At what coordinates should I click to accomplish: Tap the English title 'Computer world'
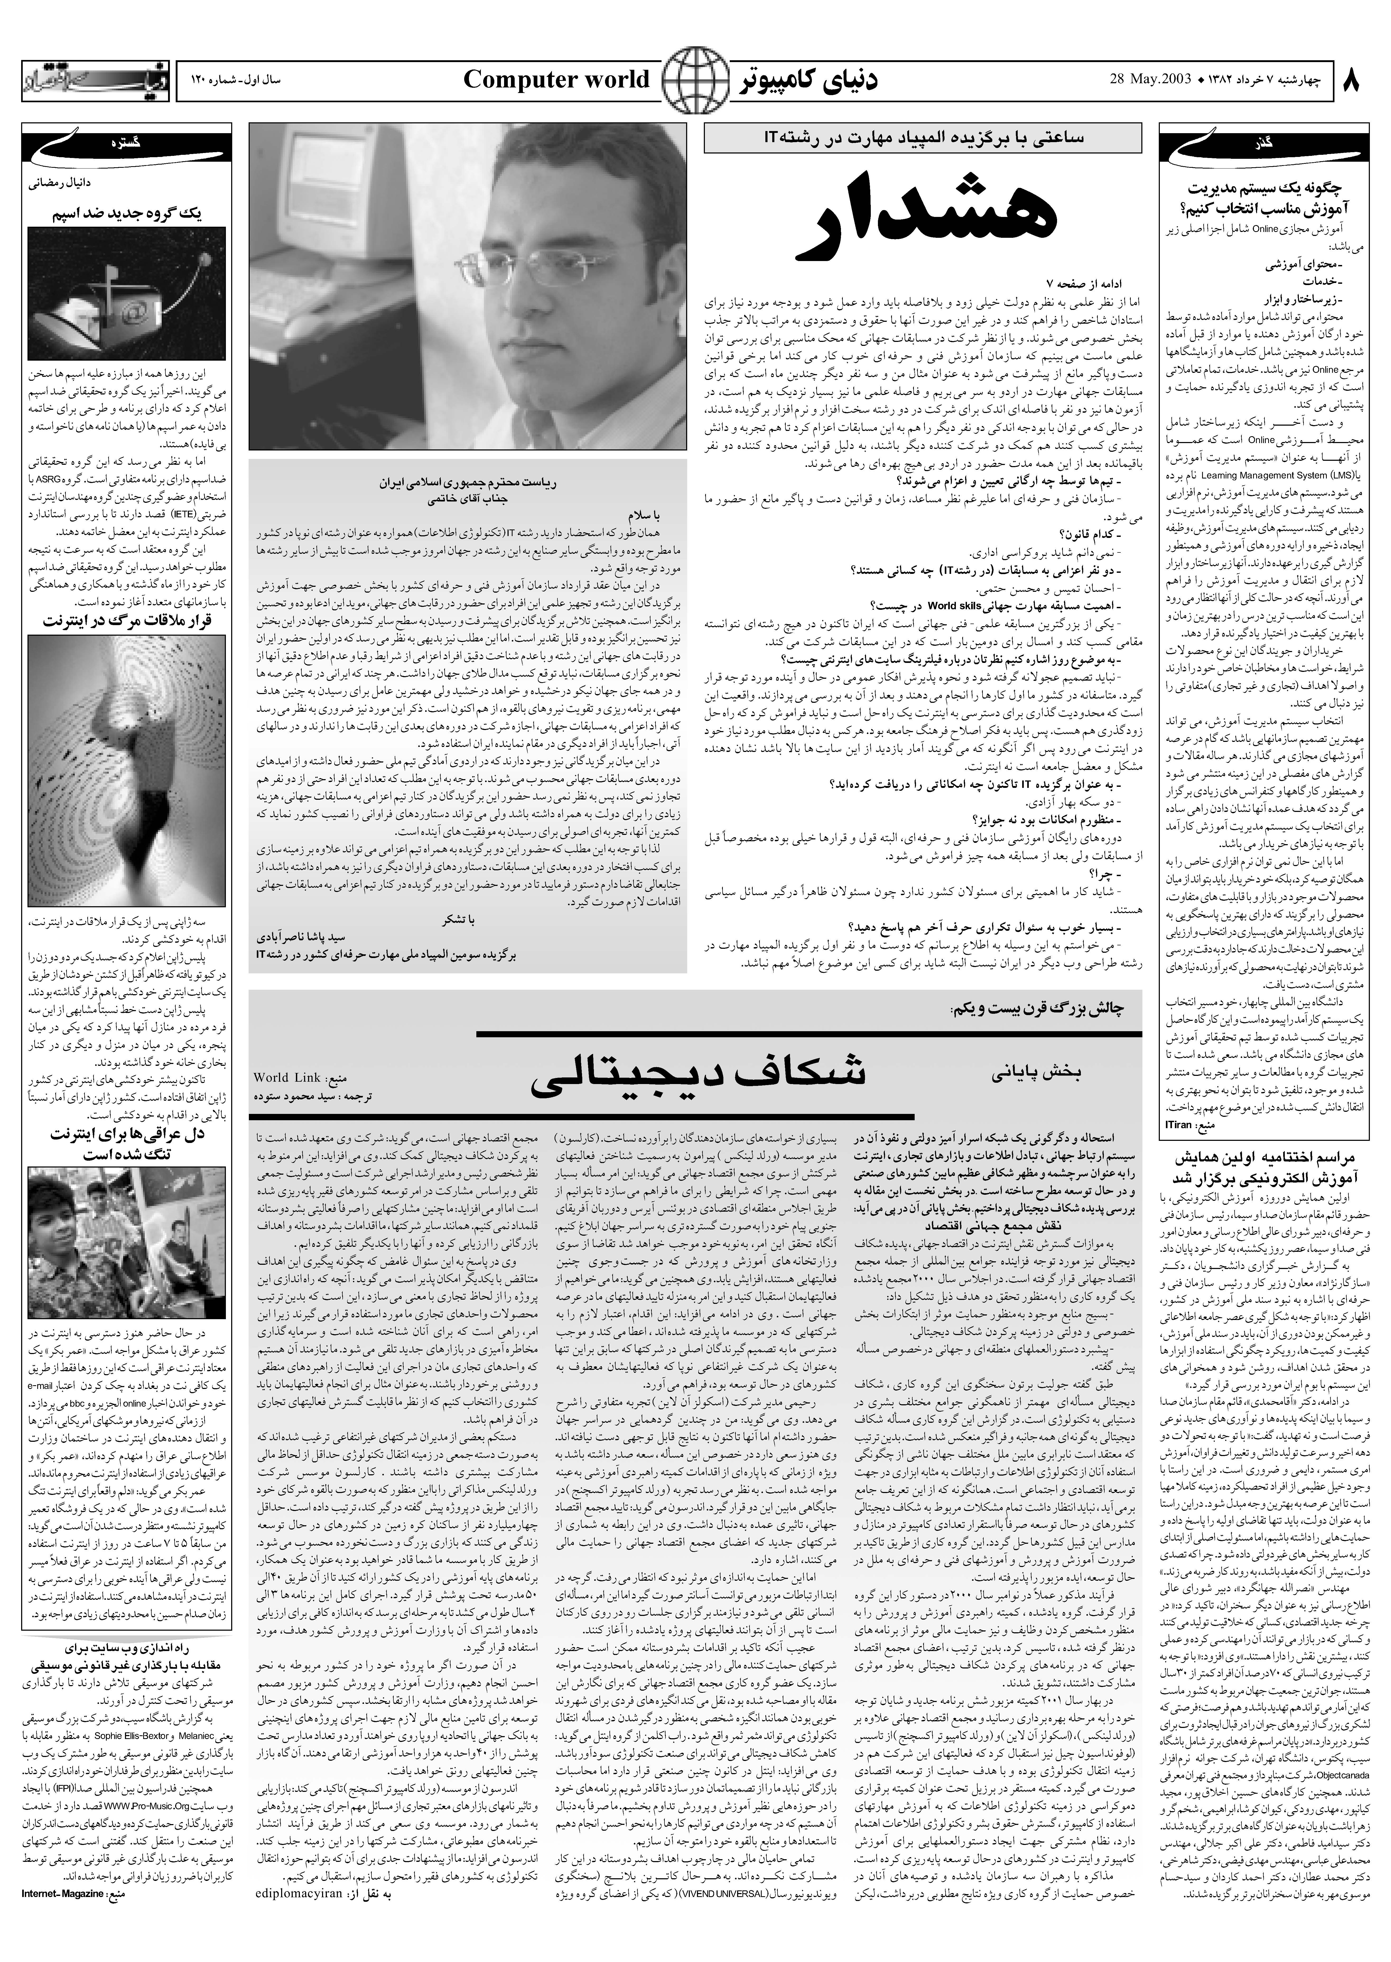557,81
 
